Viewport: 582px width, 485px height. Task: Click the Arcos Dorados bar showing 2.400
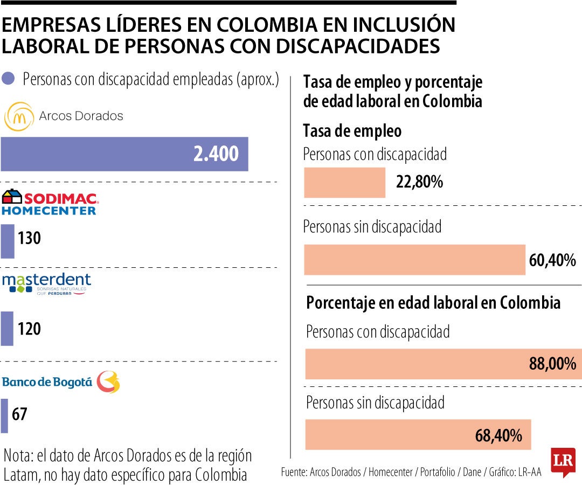click(124, 154)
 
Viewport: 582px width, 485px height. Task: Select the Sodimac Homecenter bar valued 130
click(8, 241)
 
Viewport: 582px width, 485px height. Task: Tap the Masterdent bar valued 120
click(7, 328)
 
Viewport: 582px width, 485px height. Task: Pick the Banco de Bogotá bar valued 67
click(4, 415)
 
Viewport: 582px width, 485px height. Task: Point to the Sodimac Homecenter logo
click(49, 203)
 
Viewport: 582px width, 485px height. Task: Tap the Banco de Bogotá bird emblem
click(108, 382)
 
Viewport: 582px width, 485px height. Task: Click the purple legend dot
click(8, 79)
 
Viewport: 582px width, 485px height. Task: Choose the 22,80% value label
click(419, 182)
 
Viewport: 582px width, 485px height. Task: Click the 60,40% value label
click(552, 261)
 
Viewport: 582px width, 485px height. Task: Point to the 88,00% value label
click(552, 364)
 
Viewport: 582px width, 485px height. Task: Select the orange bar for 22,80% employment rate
click(345, 183)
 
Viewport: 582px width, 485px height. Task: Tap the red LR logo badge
click(563, 461)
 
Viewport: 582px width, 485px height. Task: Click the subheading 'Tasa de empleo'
click(352, 131)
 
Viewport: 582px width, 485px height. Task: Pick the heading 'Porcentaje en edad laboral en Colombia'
click(433, 302)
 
